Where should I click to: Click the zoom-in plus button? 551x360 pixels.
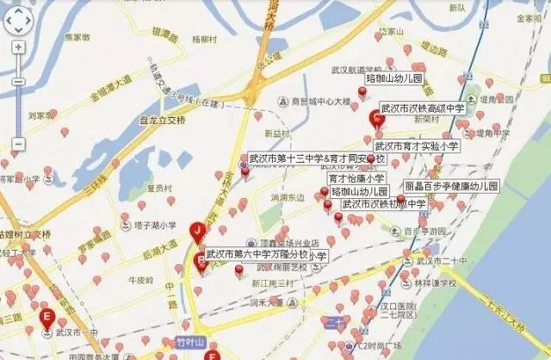[19, 47]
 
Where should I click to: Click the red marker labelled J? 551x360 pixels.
[199, 231]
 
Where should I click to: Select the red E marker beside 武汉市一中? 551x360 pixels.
[46, 316]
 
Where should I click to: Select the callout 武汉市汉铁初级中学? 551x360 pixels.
[384, 204]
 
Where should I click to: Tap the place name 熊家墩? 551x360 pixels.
[77, 37]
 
